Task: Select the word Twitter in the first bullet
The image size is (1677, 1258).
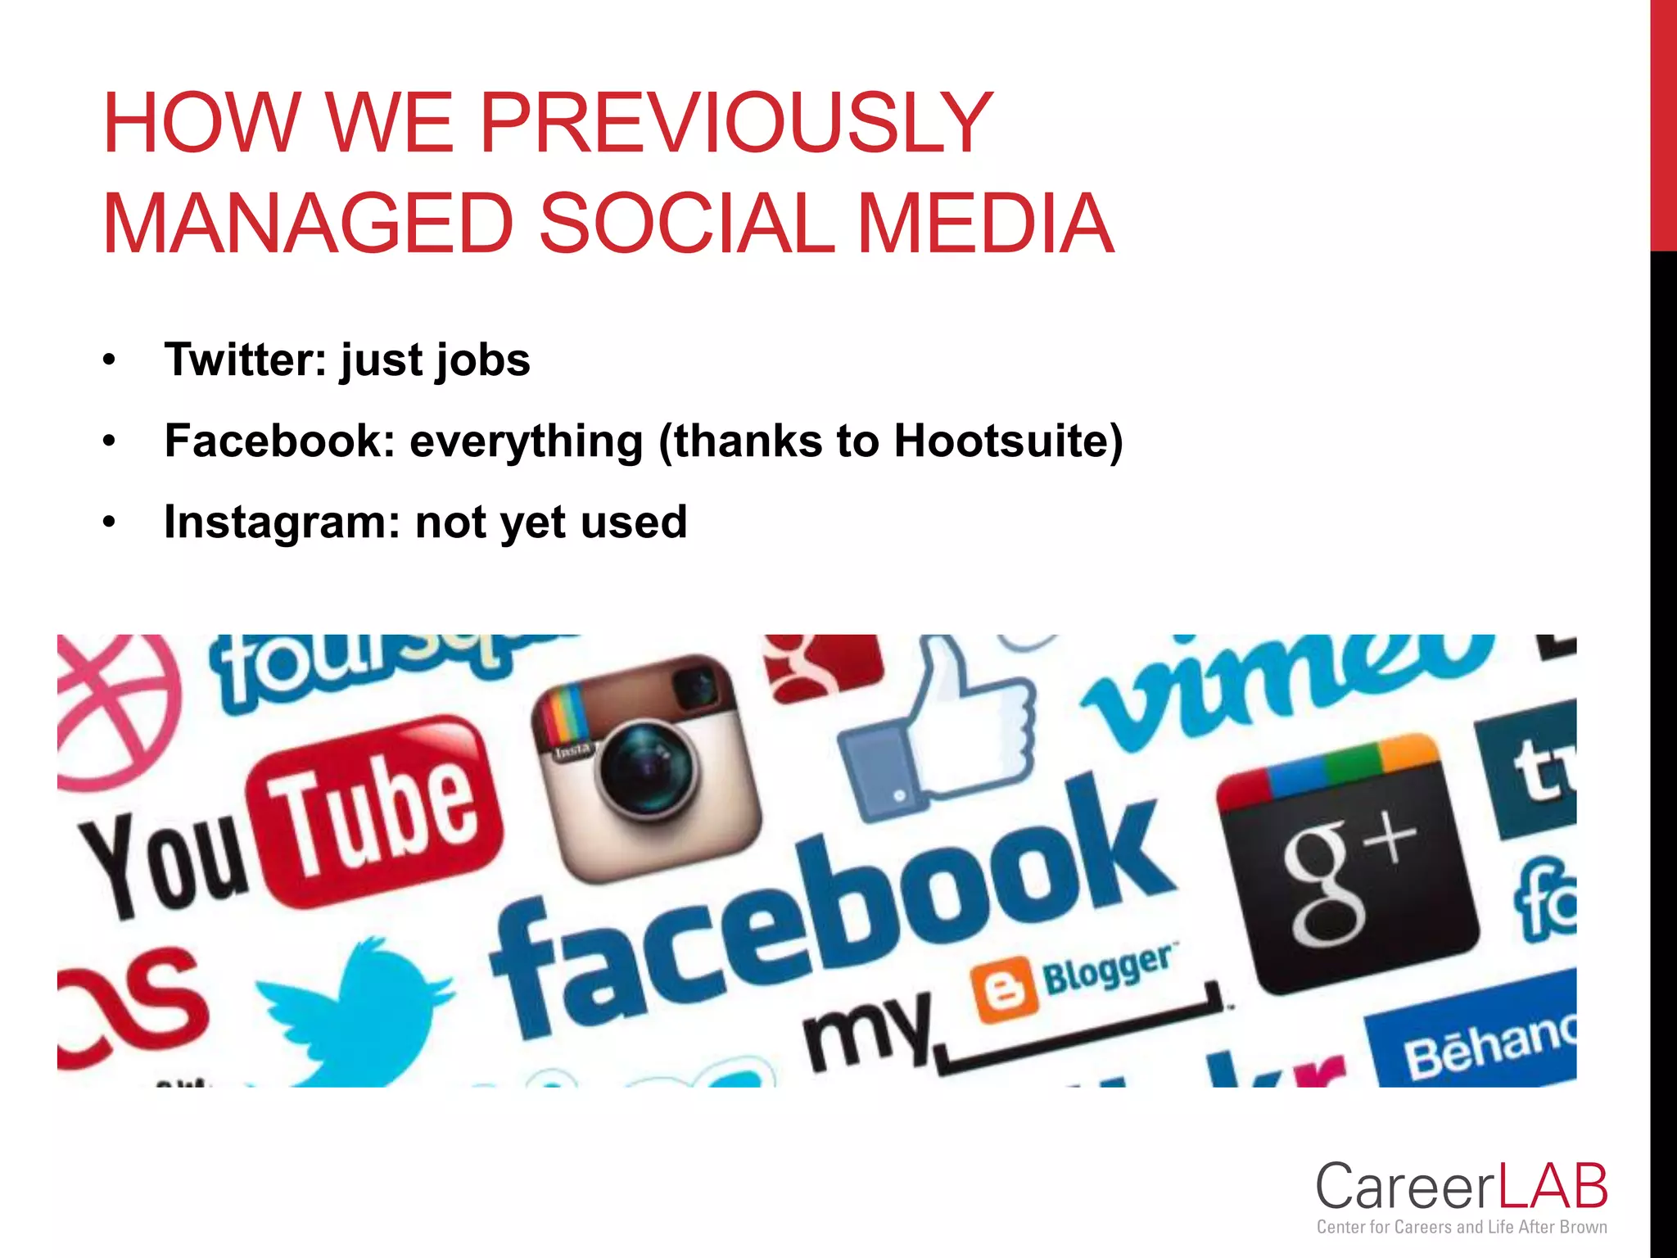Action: tap(246, 360)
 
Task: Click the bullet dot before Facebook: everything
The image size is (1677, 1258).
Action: tap(110, 441)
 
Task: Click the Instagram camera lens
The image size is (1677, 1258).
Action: tap(646, 768)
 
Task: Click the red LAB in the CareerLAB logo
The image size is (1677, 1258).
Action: tap(1553, 1187)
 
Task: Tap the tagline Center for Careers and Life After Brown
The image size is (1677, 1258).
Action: tap(1461, 1227)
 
